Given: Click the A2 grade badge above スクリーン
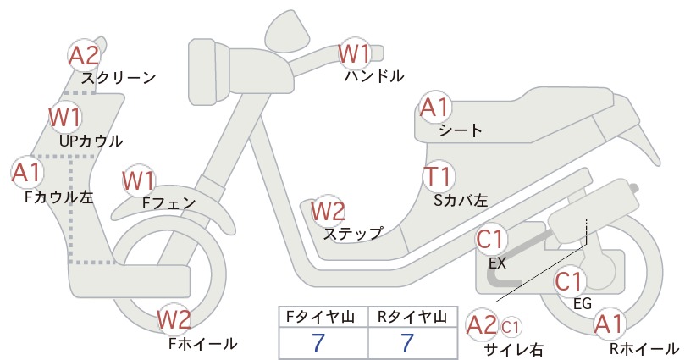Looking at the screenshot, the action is coord(85,55).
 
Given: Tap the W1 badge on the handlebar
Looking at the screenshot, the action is coord(354,53).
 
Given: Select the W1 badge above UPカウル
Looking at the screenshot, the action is coord(65,116).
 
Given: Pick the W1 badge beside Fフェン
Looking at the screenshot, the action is coord(139,180).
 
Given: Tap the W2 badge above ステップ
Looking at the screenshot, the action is coord(328,211).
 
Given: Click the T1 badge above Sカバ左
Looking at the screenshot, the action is coord(439,176).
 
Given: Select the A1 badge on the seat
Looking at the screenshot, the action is coord(435,108).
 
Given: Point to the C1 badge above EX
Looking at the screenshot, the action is coord(491,239).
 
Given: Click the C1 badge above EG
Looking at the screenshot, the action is coord(570,281).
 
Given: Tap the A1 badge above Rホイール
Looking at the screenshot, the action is coord(609,324).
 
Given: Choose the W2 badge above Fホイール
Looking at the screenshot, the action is coord(174,319).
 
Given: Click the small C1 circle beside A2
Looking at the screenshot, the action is coord(511,327).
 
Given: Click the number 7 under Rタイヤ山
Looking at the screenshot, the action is coord(407,343).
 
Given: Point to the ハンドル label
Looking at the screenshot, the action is coord(374,76).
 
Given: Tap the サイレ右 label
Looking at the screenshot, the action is coord(514,350).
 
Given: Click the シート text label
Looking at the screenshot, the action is coord(461,130).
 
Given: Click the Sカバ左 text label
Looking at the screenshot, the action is coord(461,201).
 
